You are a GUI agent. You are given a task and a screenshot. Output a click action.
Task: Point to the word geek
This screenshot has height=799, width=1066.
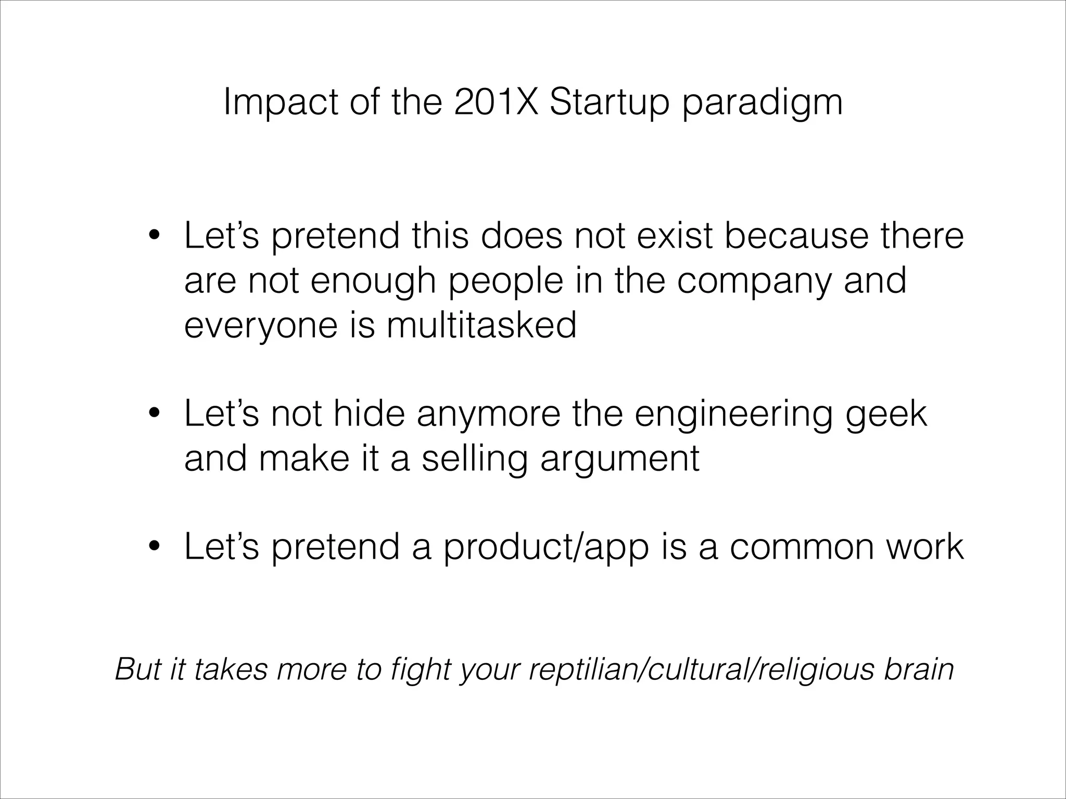(886, 415)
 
